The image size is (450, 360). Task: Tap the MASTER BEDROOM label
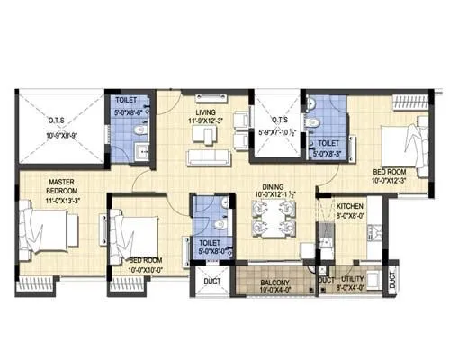point(41,186)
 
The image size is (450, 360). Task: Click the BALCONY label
point(267,282)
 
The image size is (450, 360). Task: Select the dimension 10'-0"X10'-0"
point(132,268)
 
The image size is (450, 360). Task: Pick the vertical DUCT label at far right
point(392,280)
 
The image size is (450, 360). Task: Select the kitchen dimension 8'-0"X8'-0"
point(349,215)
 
